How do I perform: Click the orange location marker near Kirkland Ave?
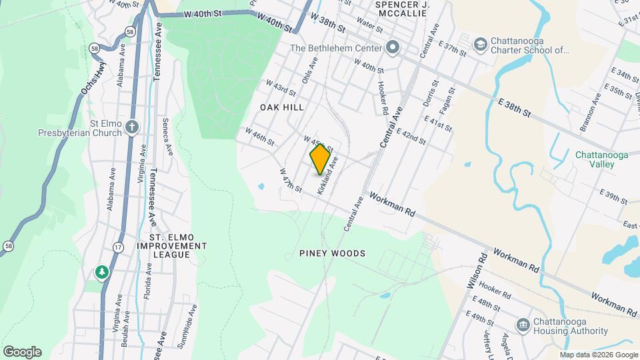point(321,159)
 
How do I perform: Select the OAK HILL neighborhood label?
point(282,107)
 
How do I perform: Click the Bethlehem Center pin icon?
point(392,48)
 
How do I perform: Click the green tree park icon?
point(101,272)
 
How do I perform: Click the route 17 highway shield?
point(118,247)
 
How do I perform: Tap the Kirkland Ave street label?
point(329,175)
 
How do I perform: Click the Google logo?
point(22,351)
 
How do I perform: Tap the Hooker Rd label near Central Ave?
point(383,97)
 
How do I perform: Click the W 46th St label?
point(260,136)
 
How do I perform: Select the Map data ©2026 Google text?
point(598,355)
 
